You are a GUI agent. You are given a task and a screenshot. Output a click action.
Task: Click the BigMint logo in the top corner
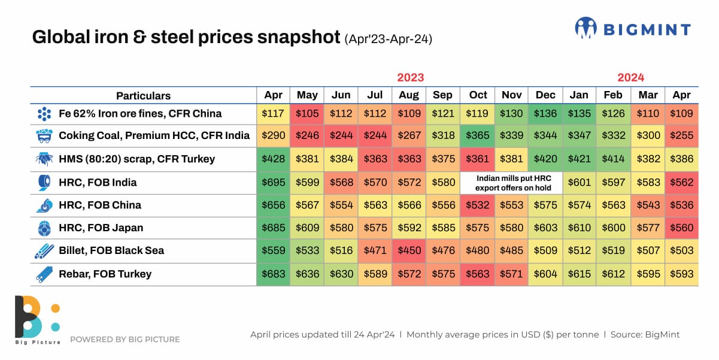point(632,28)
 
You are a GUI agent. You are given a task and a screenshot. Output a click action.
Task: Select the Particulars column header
point(143,96)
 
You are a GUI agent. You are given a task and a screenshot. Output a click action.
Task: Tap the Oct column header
point(478,95)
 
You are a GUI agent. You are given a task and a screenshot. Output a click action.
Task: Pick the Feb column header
point(613,95)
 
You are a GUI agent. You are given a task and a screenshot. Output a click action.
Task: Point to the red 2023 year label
point(410,77)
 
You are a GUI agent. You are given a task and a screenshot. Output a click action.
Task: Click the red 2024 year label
point(630,77)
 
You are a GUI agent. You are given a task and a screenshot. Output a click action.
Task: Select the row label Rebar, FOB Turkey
point(105,274)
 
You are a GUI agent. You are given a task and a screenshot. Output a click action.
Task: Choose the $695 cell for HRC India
point(274,183)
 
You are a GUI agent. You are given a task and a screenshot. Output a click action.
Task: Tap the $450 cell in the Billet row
point(410,251)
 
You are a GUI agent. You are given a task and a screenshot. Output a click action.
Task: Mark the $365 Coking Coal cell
point(478,136)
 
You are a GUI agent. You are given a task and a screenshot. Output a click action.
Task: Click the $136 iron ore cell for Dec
point(545,114)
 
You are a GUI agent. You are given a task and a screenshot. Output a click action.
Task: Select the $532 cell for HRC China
point(478,205)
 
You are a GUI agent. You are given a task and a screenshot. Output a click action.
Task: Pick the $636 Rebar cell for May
point(307,274)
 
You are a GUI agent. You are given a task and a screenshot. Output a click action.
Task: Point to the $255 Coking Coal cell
point(681,136)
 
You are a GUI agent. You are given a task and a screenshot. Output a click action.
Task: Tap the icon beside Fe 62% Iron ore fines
point(44,114)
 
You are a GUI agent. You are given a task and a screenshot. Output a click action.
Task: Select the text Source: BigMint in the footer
point(645,335)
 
